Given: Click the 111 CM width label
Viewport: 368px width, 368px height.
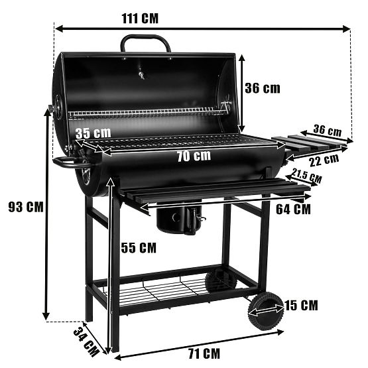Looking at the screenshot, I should [139, 17].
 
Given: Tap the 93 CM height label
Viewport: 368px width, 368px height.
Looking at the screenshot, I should [25, 207].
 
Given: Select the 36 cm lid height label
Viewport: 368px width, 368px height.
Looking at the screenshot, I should [262, 88].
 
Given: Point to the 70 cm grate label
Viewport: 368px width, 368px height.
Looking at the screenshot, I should [194, 156].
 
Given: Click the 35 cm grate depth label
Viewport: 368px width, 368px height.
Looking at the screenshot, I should [92, 133].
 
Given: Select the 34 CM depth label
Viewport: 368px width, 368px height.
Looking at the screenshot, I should [89, 339].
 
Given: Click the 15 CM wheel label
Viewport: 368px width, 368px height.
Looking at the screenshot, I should [299, 306].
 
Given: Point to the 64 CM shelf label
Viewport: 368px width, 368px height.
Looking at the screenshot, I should [292, 209].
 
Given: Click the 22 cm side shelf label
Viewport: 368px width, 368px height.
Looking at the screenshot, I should [322, 160].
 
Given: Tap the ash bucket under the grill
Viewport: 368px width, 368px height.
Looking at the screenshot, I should [180, 218].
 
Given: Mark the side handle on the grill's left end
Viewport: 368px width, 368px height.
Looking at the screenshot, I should [68, 161].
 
